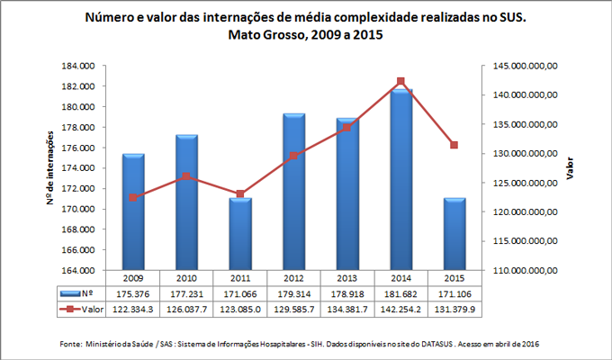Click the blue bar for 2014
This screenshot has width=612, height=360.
coord(400,180)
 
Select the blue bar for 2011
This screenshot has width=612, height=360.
coord(240,234)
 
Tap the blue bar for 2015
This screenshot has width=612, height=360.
coord(454,234)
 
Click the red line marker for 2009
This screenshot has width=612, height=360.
coord(133,197)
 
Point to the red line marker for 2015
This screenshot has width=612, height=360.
coord(454,145)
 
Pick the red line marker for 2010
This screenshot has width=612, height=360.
coord(186,175)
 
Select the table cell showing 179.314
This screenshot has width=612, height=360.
coord(294,293)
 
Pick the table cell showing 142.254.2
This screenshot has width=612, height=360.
coord(400,309)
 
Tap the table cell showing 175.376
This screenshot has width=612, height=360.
coord(133,293)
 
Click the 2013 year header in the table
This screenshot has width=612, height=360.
coord(347,278)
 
